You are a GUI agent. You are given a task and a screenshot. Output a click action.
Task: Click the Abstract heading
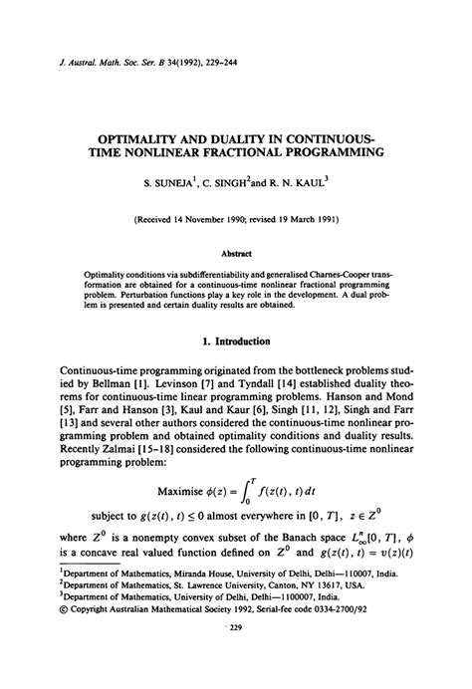[236, 253]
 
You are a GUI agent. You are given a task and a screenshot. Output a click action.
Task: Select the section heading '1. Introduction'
[236, 342]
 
